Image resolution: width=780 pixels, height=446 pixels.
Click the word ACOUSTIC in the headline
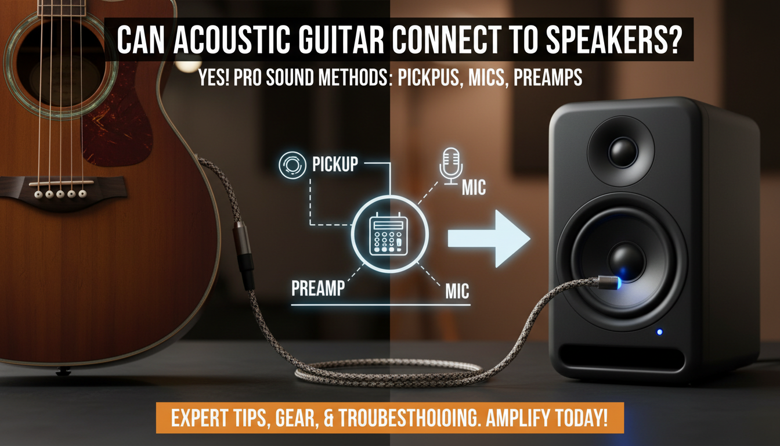tap(225, 41)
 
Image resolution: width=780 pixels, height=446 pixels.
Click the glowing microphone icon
tap(451, 164)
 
